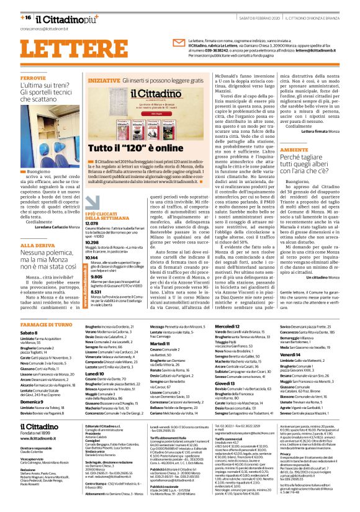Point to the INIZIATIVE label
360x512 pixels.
click(x=104, y=81)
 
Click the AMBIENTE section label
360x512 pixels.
click(x=298, y=150)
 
